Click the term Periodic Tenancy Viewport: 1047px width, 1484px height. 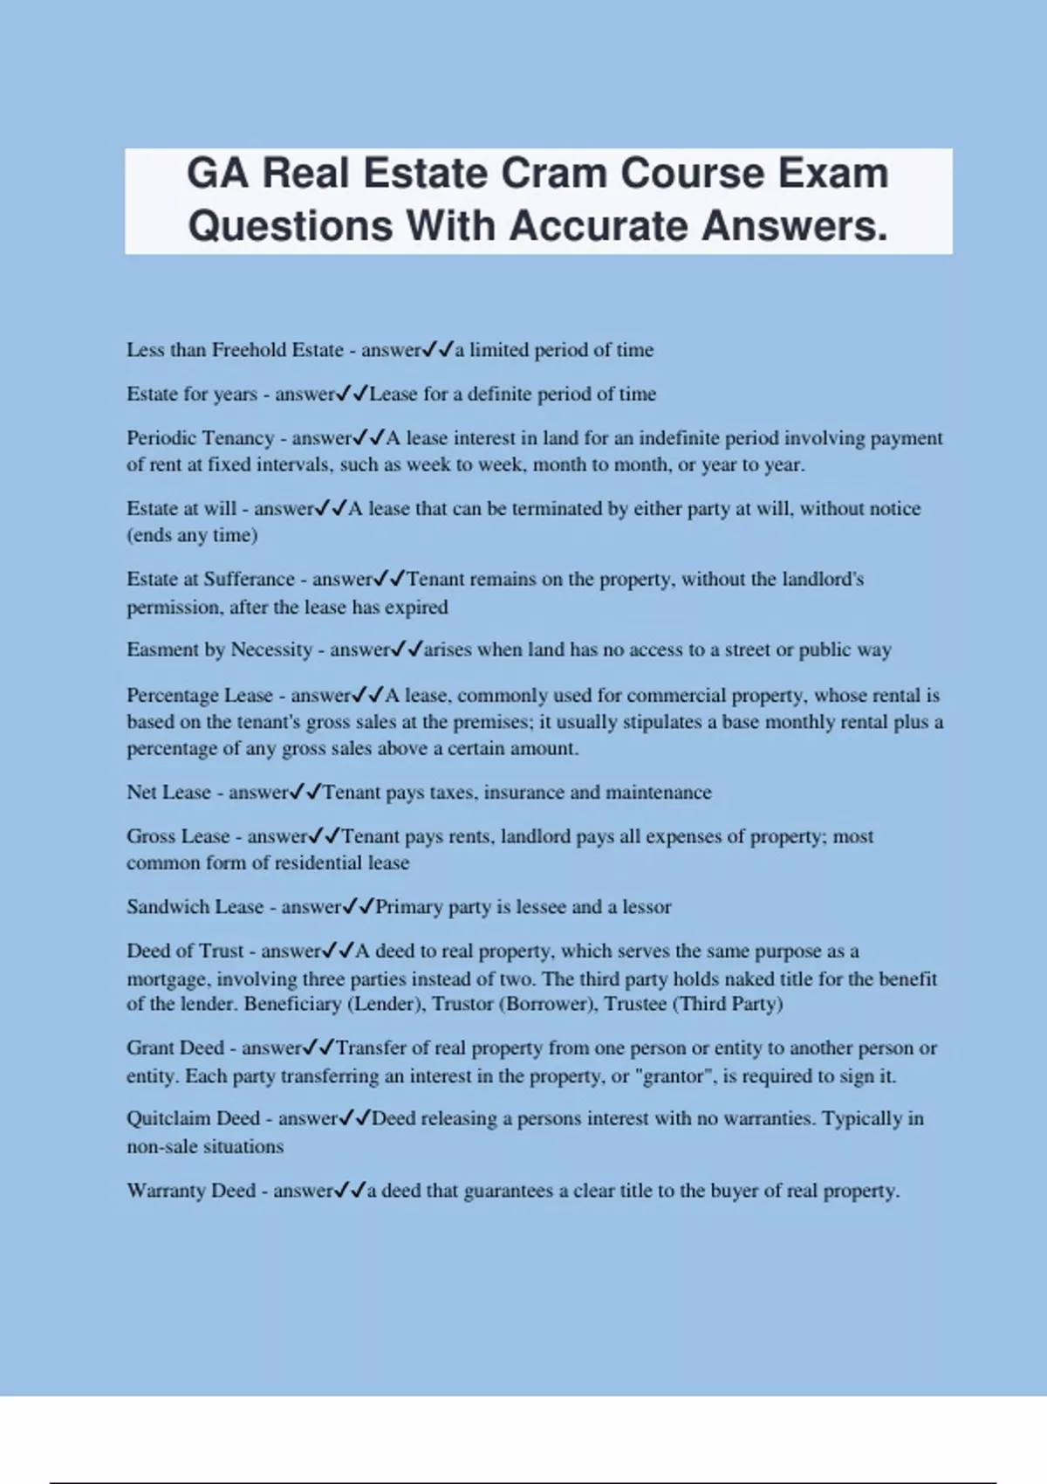(x=200, y=438)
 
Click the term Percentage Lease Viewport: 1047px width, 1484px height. (x=200, y=696)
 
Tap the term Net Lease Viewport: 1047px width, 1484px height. (x=168, y=793)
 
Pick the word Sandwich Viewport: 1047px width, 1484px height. (x=168, y=907)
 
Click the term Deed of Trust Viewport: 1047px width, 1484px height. (x=185, y=951)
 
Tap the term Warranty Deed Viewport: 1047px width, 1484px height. (x=191, y=1191)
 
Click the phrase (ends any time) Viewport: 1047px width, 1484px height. (x=192, y=535)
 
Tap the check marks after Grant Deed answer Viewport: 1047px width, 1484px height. (x=318, y=1048)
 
